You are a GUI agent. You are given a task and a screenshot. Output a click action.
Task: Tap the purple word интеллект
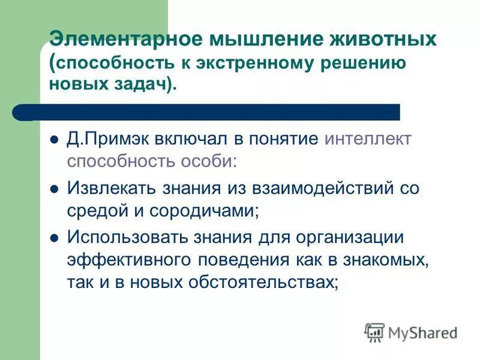[368, 139]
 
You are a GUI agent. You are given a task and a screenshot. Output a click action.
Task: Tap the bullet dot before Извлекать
[53, 189]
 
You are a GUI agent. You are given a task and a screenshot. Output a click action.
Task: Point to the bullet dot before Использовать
[53, 238]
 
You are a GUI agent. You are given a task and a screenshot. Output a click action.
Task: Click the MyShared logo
[411, 332]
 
